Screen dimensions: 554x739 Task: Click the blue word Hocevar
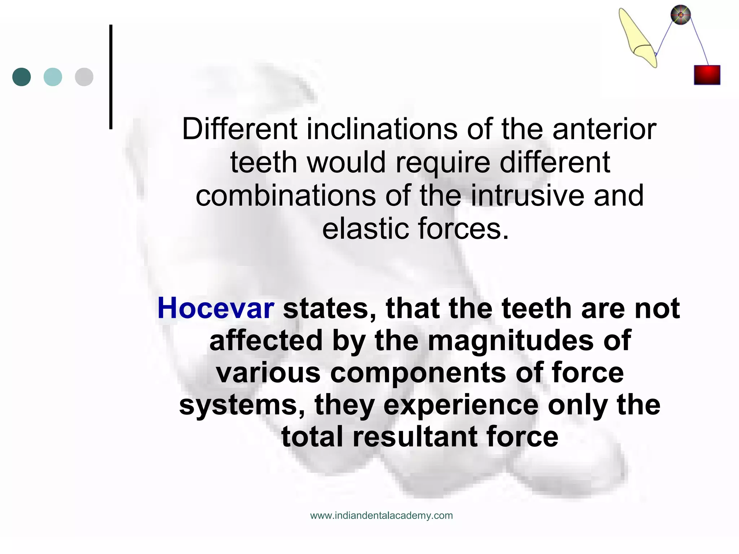pyautogui.click(x=216, y=309)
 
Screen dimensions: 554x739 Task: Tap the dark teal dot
pyautogui.click(x=22, y=77)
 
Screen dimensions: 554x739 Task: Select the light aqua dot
pyautogui.click(x=53, y=77)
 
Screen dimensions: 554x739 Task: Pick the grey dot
pyautogui.click(x=84, y=77)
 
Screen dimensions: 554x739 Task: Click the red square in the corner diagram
pyautogui.click(x=707, y=75)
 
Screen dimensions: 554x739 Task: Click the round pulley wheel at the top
pyautogui.click(x=681, y=15)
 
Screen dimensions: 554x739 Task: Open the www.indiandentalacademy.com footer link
pyautogui.click(x=381, y=515)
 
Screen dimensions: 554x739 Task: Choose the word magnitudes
pyautogui.click(x=511, y=340)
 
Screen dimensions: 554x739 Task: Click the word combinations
pyautogui.click(x=286, y=195)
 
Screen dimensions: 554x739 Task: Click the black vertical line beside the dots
pyautogui.click(x=111, y=77)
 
